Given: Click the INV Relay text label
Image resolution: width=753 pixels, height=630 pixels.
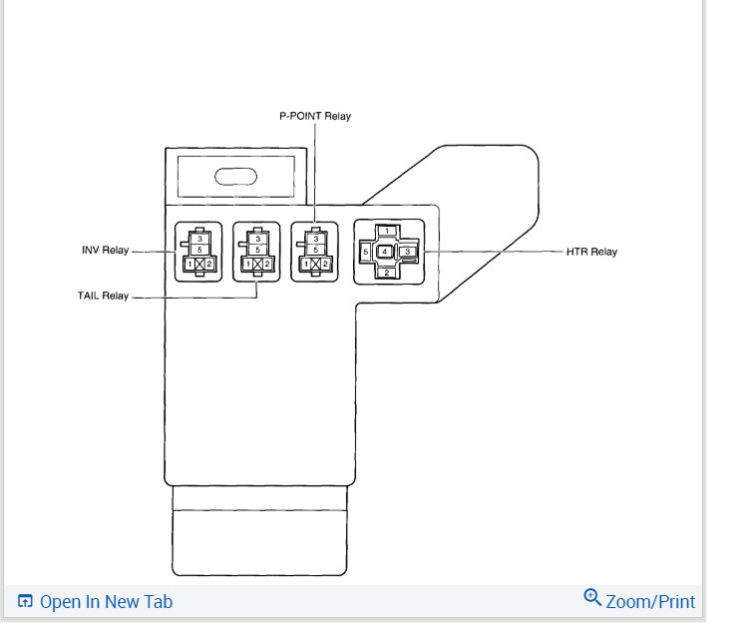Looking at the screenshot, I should pos(105,250).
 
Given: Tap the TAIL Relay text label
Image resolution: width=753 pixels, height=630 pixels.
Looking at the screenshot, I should pos(105,296).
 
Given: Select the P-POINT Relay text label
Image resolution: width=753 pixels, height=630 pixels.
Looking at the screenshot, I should pos(315,116).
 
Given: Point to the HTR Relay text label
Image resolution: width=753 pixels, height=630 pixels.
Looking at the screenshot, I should pos(591,252).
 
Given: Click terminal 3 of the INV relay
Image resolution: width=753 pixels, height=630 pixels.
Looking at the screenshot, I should pos(199,239).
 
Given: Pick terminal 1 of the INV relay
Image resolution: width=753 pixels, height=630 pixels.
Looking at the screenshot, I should pos(190,264).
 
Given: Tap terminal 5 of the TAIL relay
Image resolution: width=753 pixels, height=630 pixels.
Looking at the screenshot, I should pos(257,250).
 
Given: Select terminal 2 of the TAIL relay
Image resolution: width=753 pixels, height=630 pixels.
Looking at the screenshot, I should pos(267,264).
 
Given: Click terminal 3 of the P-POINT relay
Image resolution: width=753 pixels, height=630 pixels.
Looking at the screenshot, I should pos(315,239).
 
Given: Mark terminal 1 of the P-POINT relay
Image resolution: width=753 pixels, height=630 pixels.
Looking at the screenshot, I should pos(306,264).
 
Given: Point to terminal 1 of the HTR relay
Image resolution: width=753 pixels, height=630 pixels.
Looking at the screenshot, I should pos(386,231).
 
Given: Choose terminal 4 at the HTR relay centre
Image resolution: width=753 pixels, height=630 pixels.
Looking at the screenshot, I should pos(386,251).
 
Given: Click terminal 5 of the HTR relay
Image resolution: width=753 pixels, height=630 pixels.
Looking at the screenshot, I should pos(366,252).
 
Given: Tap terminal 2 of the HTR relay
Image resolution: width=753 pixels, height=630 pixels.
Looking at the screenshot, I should pos(386,272).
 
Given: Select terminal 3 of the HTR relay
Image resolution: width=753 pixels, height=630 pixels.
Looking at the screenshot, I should pos(408,252).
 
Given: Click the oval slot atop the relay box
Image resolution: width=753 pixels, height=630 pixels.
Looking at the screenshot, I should pos(235,178).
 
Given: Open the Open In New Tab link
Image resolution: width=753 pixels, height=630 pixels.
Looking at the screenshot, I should pos(106,602).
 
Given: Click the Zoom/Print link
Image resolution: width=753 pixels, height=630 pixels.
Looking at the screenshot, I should pos(650,601).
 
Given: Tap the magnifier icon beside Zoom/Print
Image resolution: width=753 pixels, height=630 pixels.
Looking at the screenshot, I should pos(592,599).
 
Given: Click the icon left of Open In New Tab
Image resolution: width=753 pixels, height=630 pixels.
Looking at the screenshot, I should pos(26,602).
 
